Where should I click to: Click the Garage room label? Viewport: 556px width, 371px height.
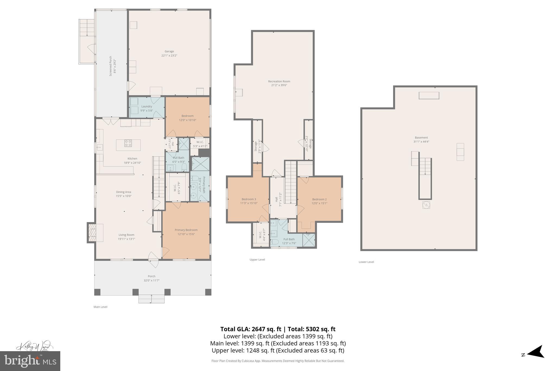pyautogui.click(x=169, y=51)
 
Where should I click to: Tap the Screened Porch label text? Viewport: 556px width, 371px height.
pyautogui.click(x=110, y=66)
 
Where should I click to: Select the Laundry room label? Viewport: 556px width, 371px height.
pyautogui.click(x=147, y=107)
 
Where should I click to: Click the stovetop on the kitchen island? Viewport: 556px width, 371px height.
pyautogui.click(x=128, y=143)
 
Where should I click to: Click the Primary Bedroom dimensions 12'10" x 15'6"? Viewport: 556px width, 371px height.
pyautogui.click(x=186, y=234)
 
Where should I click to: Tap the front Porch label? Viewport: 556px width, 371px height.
pyautogui.click(x=151, y=276)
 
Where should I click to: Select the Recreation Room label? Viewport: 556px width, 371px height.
pyautogui.click(x=279, y=81)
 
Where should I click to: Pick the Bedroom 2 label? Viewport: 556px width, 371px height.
pyautogui.click(x=319, y=199)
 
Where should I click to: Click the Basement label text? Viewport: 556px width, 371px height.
pyautogui.click(x=421, y=138)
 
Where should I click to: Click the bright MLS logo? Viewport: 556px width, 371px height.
pyautogui.click(x=30, y=361)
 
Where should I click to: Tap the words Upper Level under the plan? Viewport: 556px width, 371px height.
pyautogui.click(x=257, y=260)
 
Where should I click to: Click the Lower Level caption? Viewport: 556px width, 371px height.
pyautogui.click(x=366, y=262)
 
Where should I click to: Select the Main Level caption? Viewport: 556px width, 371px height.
pyautogui.click(x=100, y=307)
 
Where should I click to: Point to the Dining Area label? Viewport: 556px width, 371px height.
pyautogui.click(x=124, y=192)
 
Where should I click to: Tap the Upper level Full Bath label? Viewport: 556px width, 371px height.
pyautogui.click(x=289, y=239)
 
